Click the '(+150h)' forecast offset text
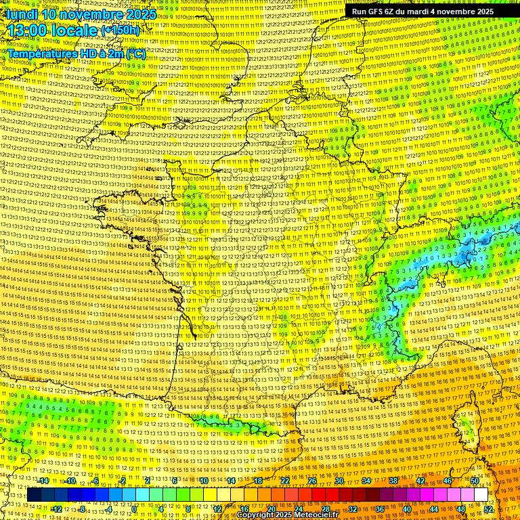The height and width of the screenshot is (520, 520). pos(120,30)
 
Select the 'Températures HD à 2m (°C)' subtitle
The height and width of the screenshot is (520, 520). pos(77,53)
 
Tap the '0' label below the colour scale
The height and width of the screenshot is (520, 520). pos(135,508)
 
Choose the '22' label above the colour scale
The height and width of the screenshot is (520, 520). pos(285,481)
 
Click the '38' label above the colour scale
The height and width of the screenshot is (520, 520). pos(393,481)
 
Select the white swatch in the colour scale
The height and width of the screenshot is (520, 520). pos(481,495)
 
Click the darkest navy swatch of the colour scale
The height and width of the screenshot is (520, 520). pos(35,495)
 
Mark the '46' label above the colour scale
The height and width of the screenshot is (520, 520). pos(448,481)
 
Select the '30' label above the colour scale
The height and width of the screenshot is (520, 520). pos(339,481)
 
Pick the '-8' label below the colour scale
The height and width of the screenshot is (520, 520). pos(83,508)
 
